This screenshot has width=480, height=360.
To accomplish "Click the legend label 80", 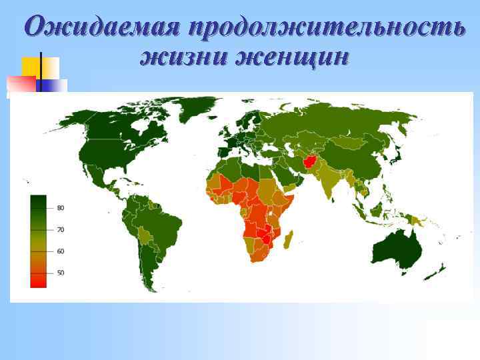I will [x=60, y=208].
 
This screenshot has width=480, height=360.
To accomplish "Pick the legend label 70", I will [x=60, y=229].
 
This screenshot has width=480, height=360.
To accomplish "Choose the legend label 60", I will [x=60, y=251].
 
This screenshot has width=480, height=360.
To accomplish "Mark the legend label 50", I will [x=60, y=273].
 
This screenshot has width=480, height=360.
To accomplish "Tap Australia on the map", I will [x=397, y=250].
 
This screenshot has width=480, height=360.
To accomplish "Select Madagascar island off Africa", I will [x=287, y=240].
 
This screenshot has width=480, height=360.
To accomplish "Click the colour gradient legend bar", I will [x=39, y=241].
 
